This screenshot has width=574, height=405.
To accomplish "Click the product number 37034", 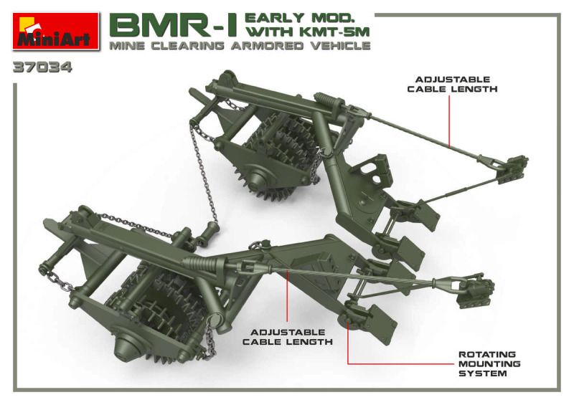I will coord(43,70).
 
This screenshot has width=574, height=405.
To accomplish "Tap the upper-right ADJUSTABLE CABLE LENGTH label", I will coord(452,84).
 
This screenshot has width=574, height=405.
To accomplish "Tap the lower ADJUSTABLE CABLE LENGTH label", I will coord(287,337).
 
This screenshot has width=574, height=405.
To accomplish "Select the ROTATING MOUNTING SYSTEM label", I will coord(489,363).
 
